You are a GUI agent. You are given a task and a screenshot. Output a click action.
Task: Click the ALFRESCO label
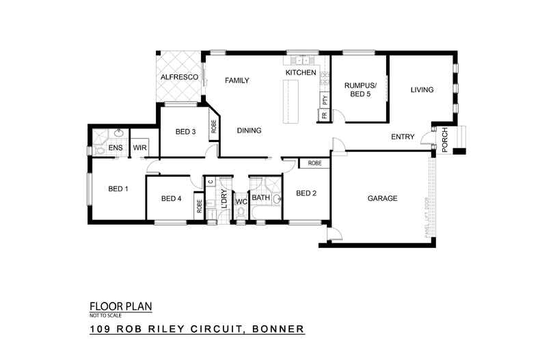[x=179, y=78]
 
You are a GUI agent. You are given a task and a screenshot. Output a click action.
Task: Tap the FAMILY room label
[x=237, y=80]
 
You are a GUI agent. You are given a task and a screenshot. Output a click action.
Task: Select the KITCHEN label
[x=301, y=72]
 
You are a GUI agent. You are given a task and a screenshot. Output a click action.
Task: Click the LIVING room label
[x=422, y=89]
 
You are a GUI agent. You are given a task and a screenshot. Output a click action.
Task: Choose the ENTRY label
[x=403, y=137]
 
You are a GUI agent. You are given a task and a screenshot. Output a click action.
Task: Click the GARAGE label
[x=383, y=198]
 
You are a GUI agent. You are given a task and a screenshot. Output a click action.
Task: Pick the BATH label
[x=261, y=198]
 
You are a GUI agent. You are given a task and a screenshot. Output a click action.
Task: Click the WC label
[x=241, y=202]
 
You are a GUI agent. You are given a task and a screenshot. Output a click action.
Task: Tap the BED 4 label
[x=171, y=199]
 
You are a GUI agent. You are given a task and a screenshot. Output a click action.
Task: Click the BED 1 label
[x=118, y=189]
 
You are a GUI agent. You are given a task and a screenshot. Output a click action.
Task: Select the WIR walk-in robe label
[x=140, y=147]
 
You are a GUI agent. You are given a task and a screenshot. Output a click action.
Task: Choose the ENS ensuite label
[x=115, y=147]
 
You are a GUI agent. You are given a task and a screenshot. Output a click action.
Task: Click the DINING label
[x=250, y=130]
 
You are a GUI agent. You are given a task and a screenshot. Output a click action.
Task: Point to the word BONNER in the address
[x=279, y=330]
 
